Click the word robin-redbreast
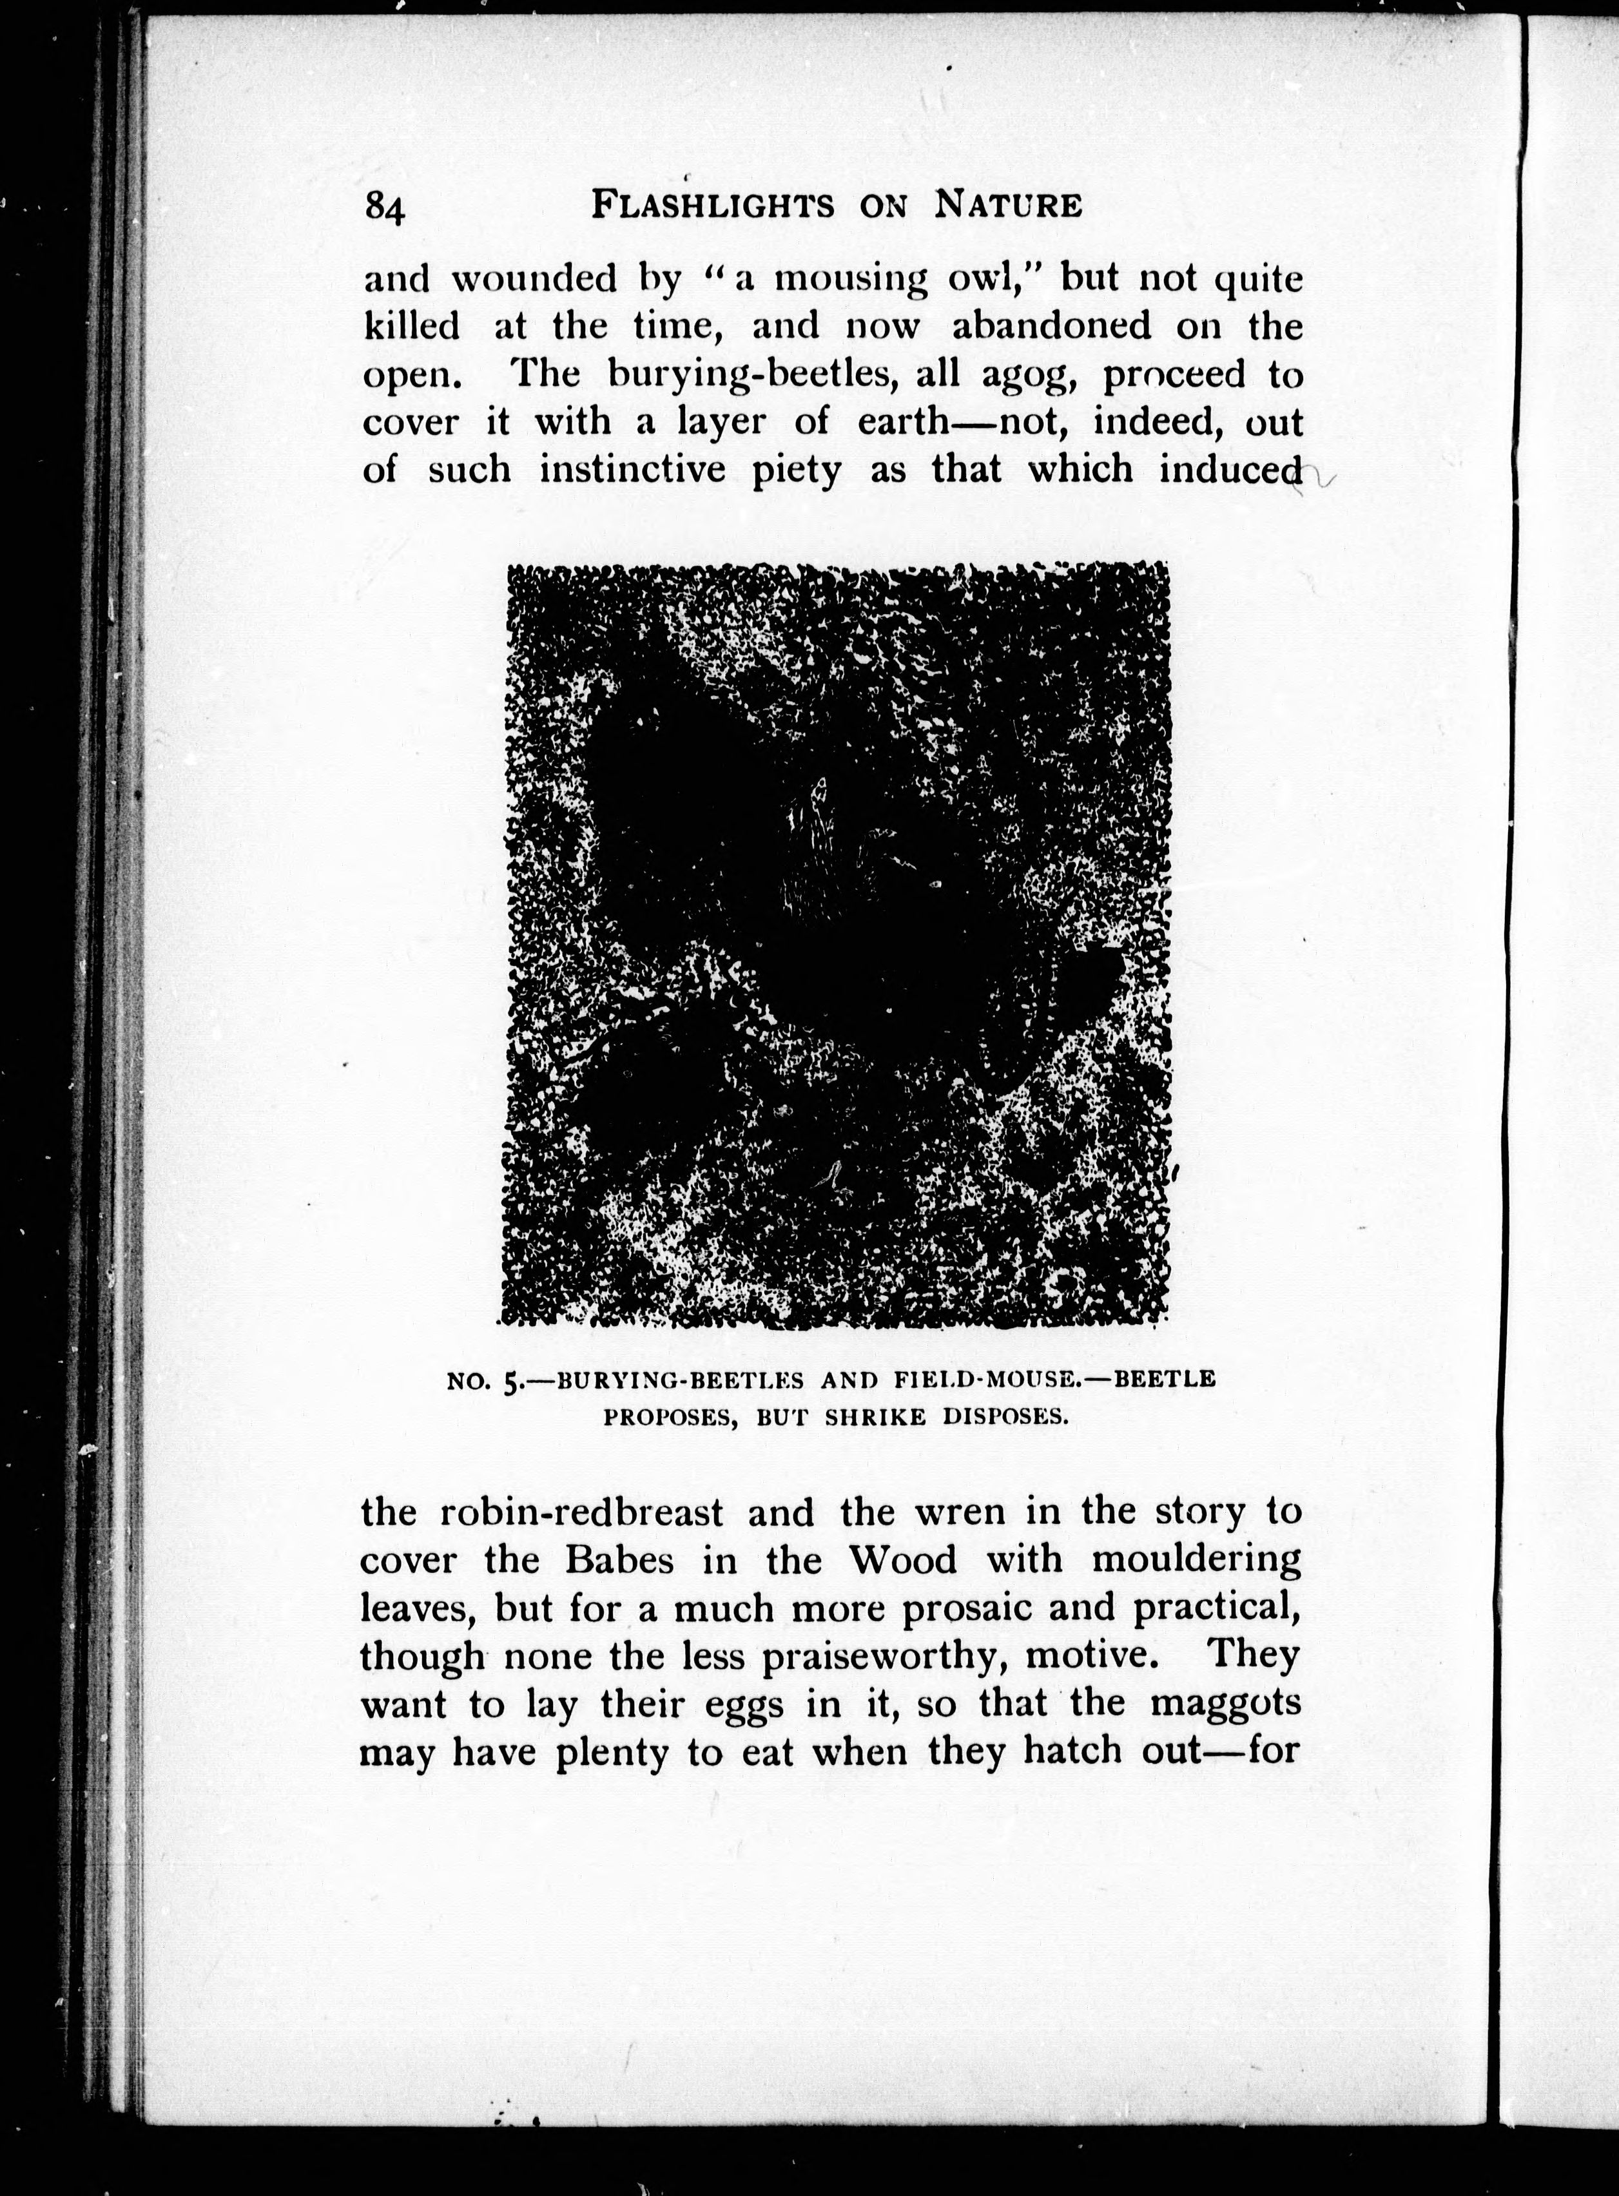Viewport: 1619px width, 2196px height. [x=581, y=1512]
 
